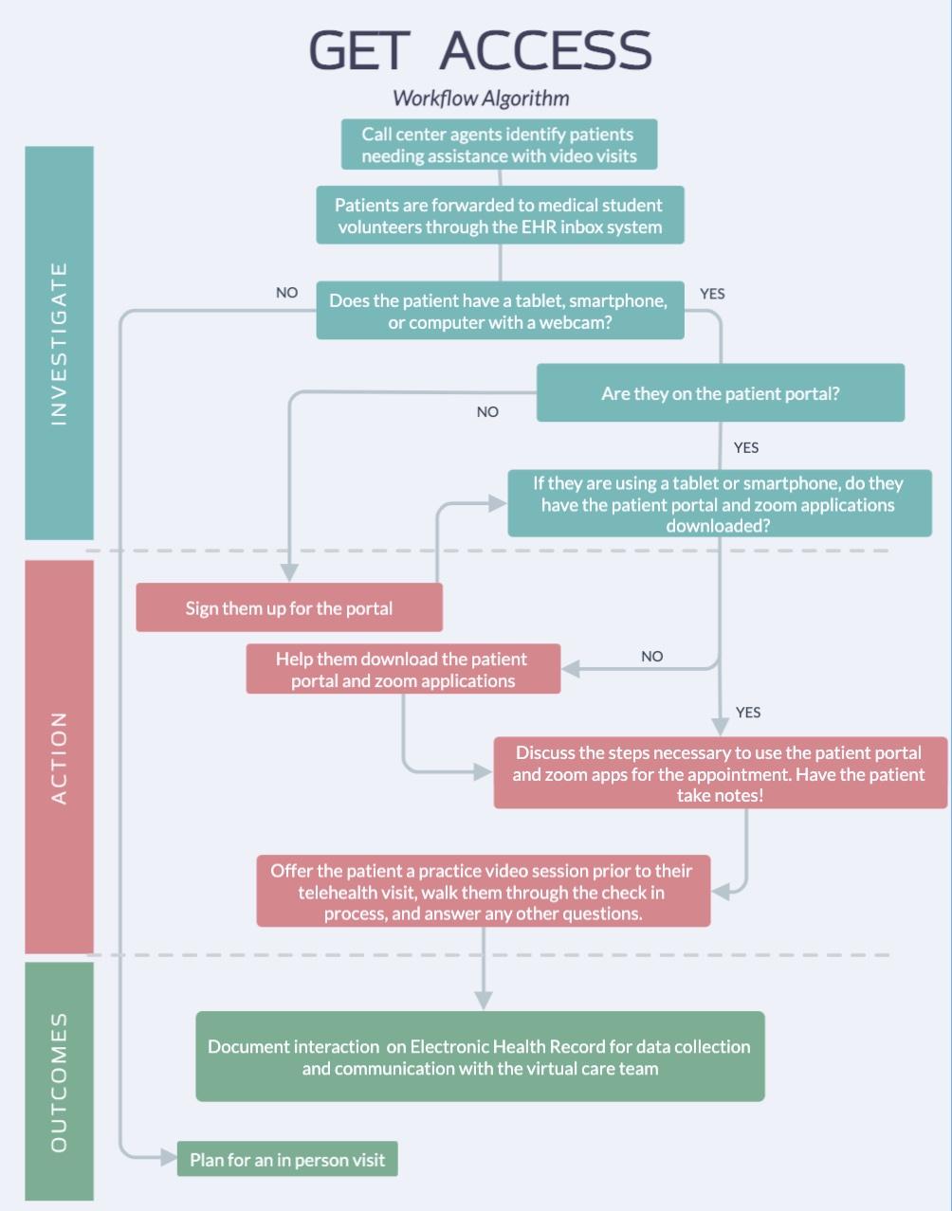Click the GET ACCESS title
(x=480, y=50)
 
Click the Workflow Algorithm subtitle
(x=481, y=98)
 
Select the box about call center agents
(x=499, y=145)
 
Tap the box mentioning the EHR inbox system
(x=500, y=216)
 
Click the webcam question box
(x=500, y=311)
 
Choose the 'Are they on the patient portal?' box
(x=720, y=393)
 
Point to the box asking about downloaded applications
(x=719, y=504)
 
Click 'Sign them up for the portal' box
(x=289, y=608)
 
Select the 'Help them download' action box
(x=403, y=670)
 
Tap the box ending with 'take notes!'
(x=720, y=773)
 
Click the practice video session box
(x=483, y=892)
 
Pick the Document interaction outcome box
(x=480, y=1057)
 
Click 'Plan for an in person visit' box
(x=287, y=1159)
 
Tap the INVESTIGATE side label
(x=59, y=343)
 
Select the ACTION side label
(x=59, y=757)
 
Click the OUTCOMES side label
(x=59, y=1081)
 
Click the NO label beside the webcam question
(x=286, y=293)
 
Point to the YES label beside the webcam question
(x=712, y=294)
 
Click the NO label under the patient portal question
(x=487, y=412)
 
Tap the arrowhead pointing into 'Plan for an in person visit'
(x=168, y=1157)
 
